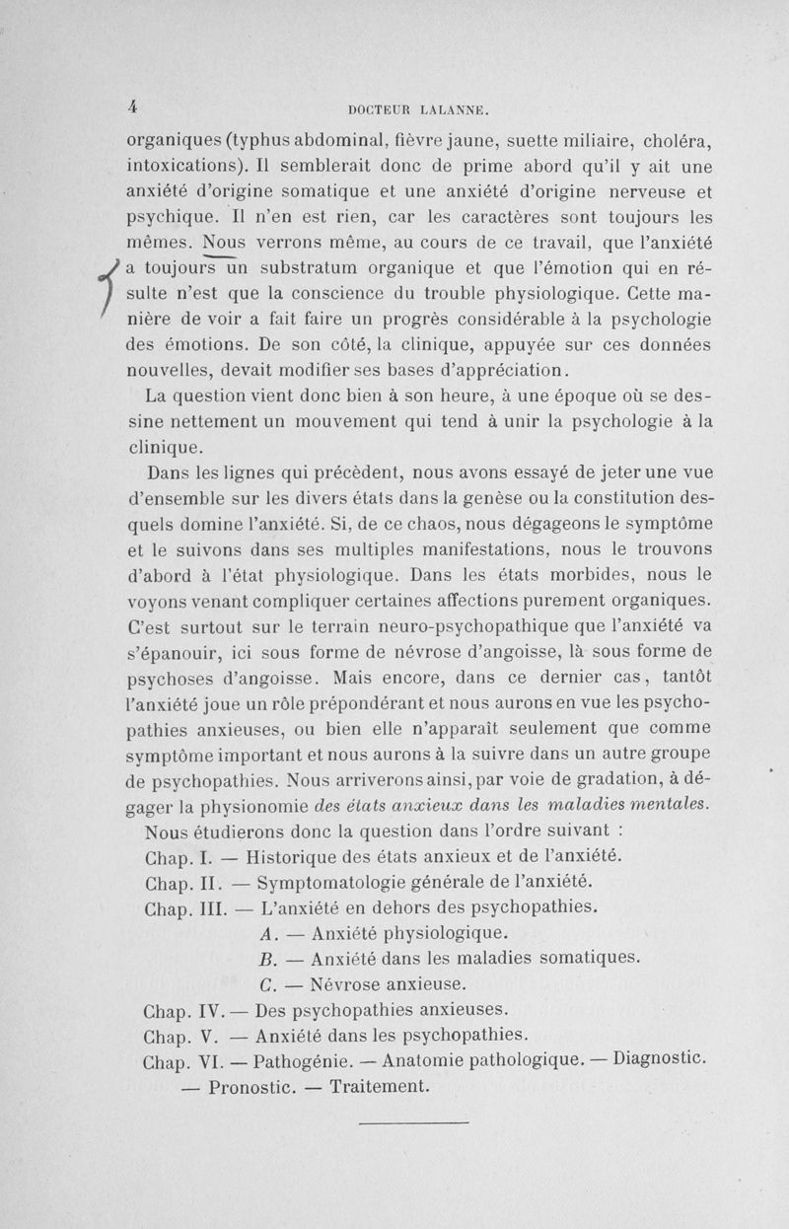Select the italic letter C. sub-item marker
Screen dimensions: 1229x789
click(x=265, y=983)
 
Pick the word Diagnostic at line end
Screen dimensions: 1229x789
click(x=660, y=1060)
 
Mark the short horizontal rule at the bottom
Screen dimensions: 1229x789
click(x=411, y=1121)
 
